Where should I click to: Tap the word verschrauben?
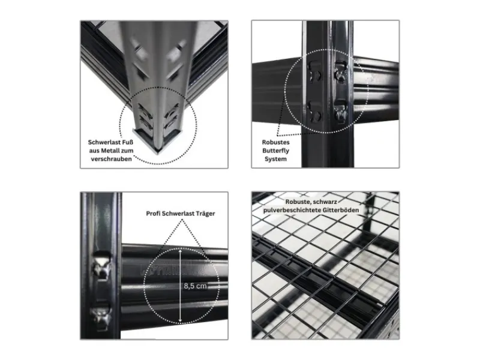(112, 159)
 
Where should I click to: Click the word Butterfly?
(275, 151)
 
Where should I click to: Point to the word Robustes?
(275, 142)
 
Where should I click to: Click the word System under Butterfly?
(275, 159)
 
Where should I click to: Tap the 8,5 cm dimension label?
(196, 286)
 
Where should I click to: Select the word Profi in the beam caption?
(153, 214)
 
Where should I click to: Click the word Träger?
(205, 214)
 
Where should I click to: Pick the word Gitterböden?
(340, 210)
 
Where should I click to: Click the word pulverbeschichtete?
(292, 211)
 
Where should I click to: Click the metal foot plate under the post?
(158, 142)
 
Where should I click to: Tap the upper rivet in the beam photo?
(102, 265)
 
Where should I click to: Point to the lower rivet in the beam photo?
(101, 316)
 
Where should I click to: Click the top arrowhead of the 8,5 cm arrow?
(181, 251)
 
